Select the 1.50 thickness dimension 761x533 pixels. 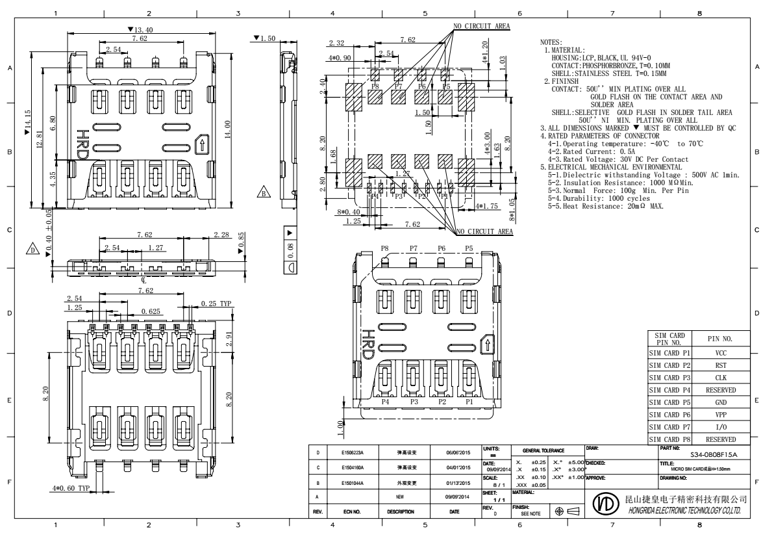266,39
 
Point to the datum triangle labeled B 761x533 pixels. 264,193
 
